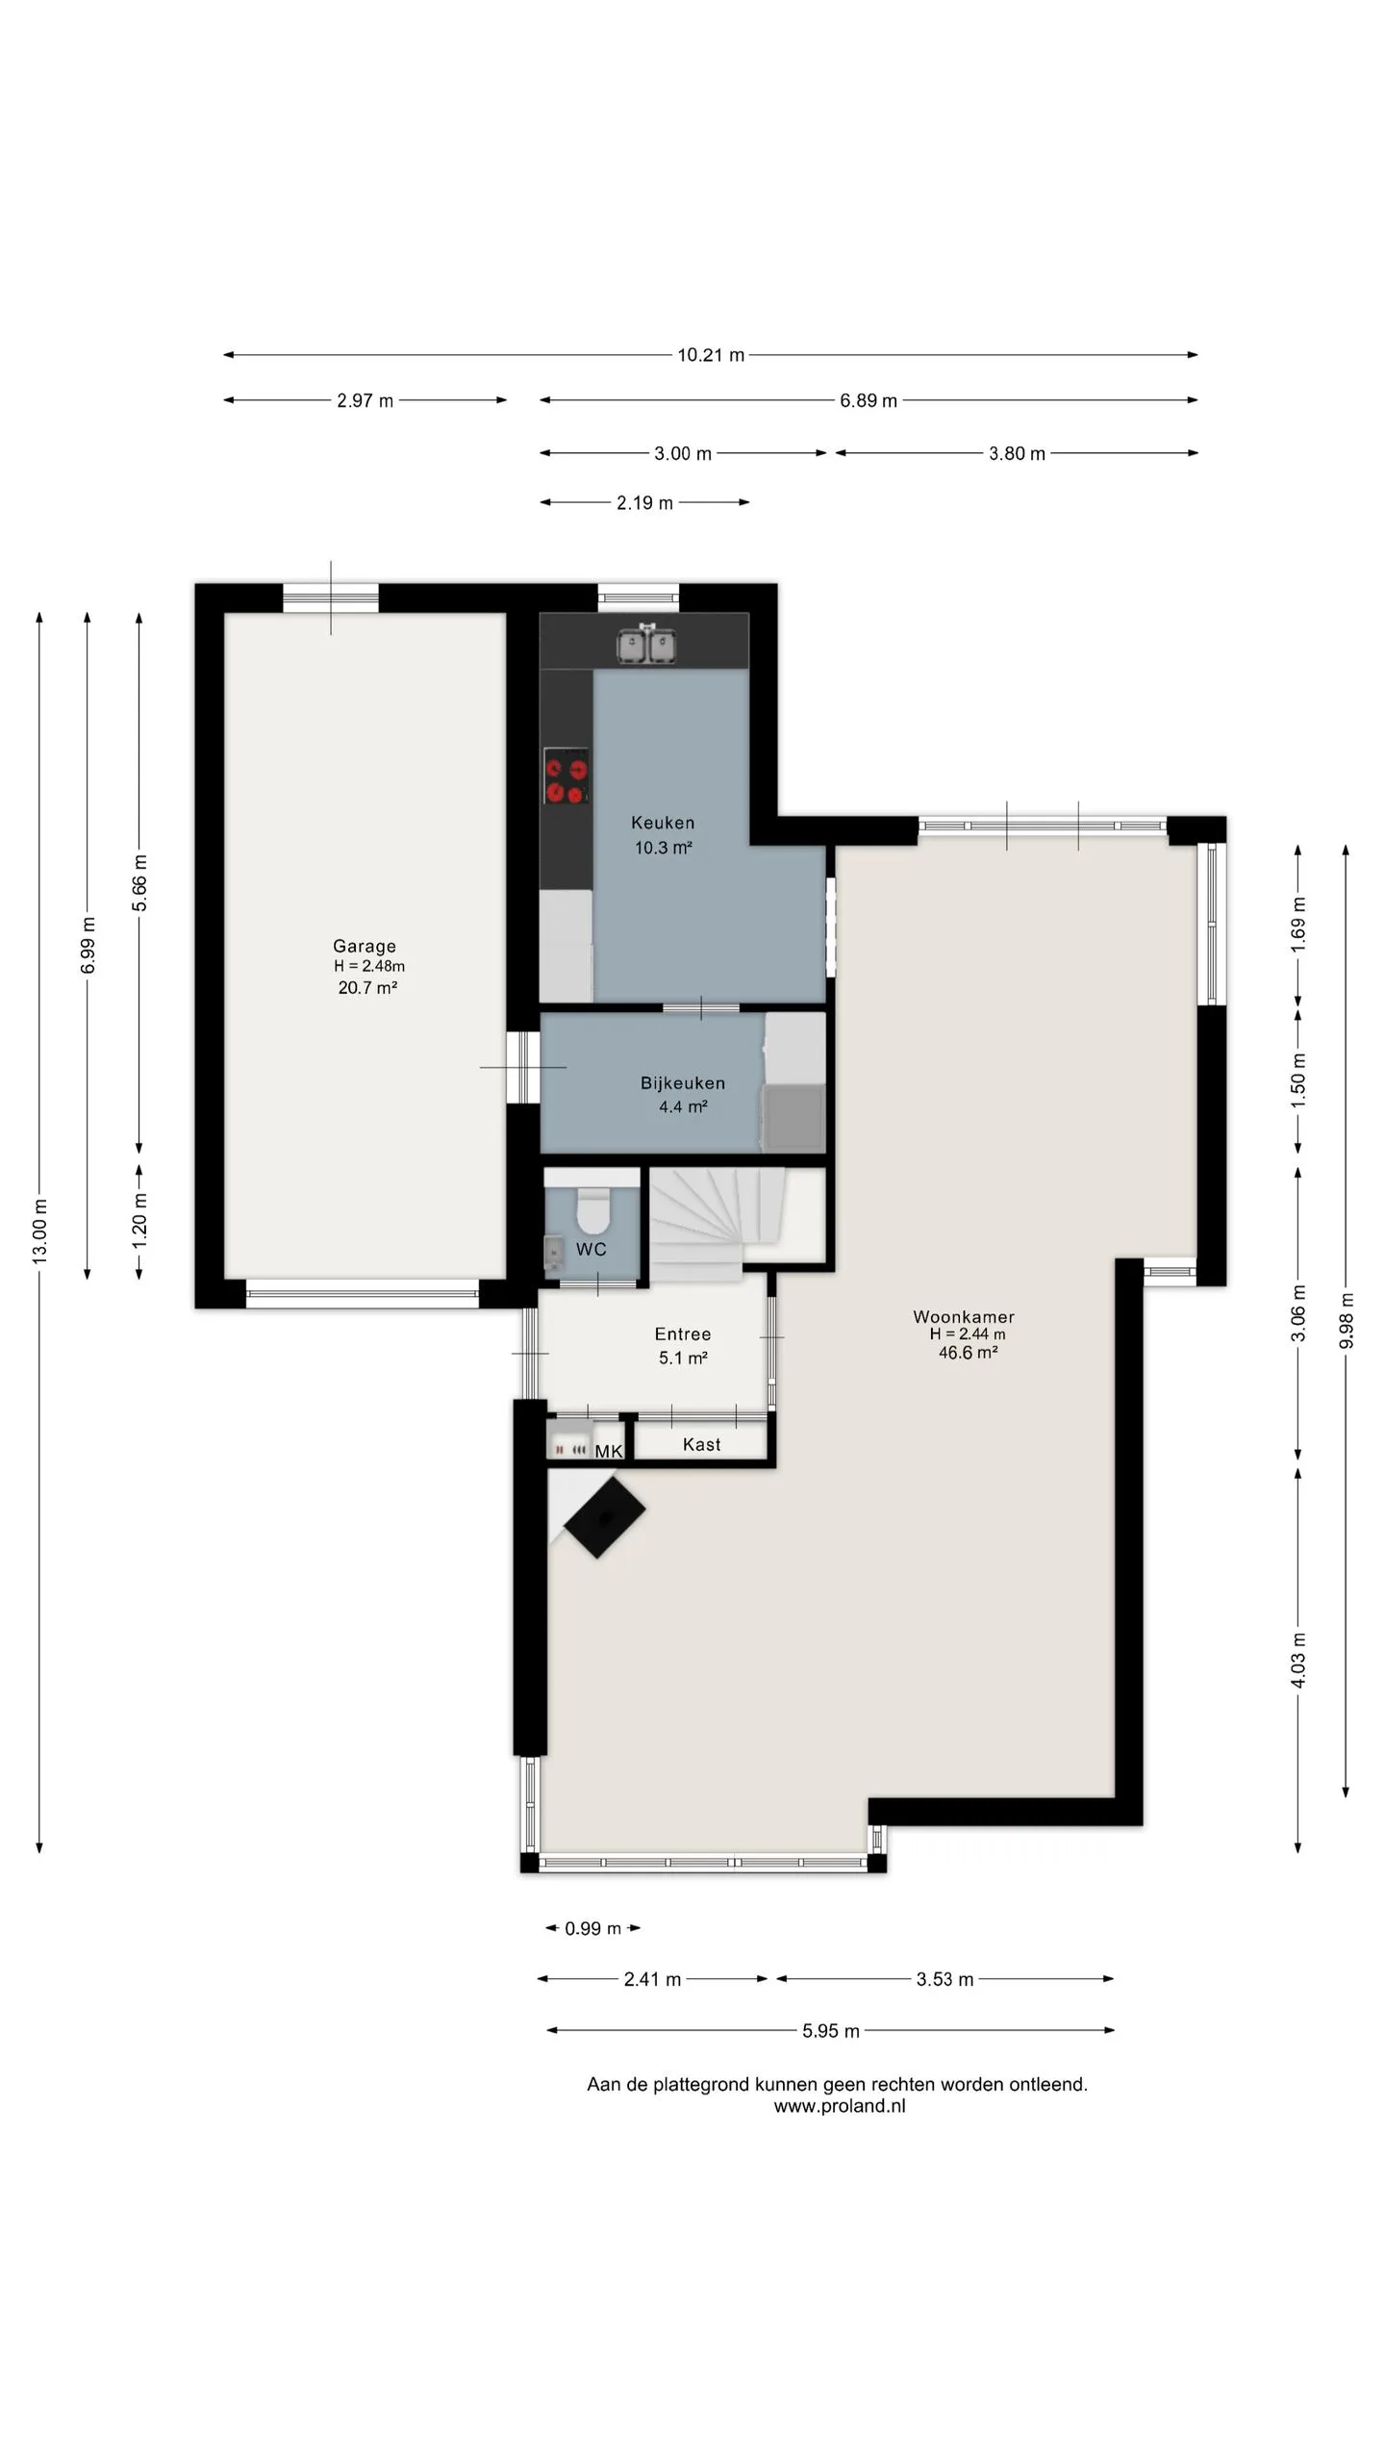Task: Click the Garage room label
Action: [x=365, y=946]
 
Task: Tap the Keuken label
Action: [x=663, y=823]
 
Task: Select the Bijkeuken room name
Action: [x=683, y=1082]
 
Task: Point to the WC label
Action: [x=592, y=1249]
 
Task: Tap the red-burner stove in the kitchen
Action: [x=567, y=775]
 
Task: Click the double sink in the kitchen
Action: [x=647, y=644]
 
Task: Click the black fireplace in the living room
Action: [x=604, y=1517]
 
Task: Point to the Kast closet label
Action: [x=701, y=1444]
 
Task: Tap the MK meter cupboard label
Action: [x=609, y=1451]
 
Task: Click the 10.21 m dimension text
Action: [x=711, y=355]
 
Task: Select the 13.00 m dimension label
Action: [x=39, y=1231]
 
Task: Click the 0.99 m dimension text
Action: [x=592, y=1928]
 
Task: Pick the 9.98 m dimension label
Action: [x=1347, y=1321]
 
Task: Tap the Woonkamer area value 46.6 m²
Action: [x=968, y=1353]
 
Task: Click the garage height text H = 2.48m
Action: [x=369, y=966]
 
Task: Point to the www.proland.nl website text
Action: [x=840, y=2106]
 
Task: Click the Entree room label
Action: [x=683, y=1333]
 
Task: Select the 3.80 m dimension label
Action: [x=1017, y=453]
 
